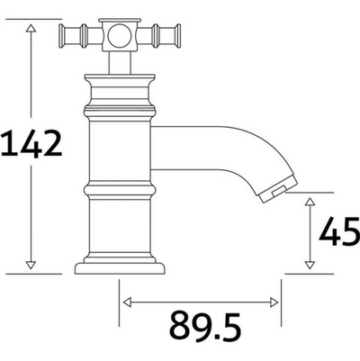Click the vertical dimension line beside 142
(x=31, y=207)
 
